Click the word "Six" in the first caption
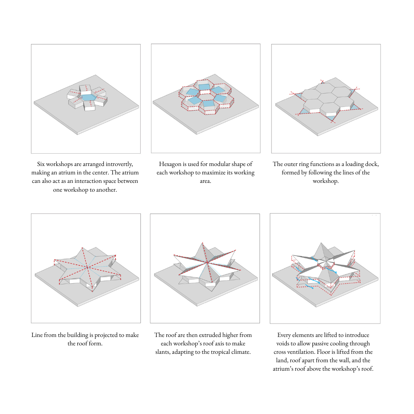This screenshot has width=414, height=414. click(x=41, y=164)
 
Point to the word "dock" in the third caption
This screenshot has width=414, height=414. click(x=372, y=164)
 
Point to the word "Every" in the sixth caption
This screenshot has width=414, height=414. click(x=284, y=335)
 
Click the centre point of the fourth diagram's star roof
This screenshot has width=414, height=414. click(x=87, y=267)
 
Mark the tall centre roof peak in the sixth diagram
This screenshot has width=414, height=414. click(x=321, y=243)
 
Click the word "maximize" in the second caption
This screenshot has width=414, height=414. click(x=214, y=172)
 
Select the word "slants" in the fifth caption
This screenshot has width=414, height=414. click(x=163, y=352)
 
